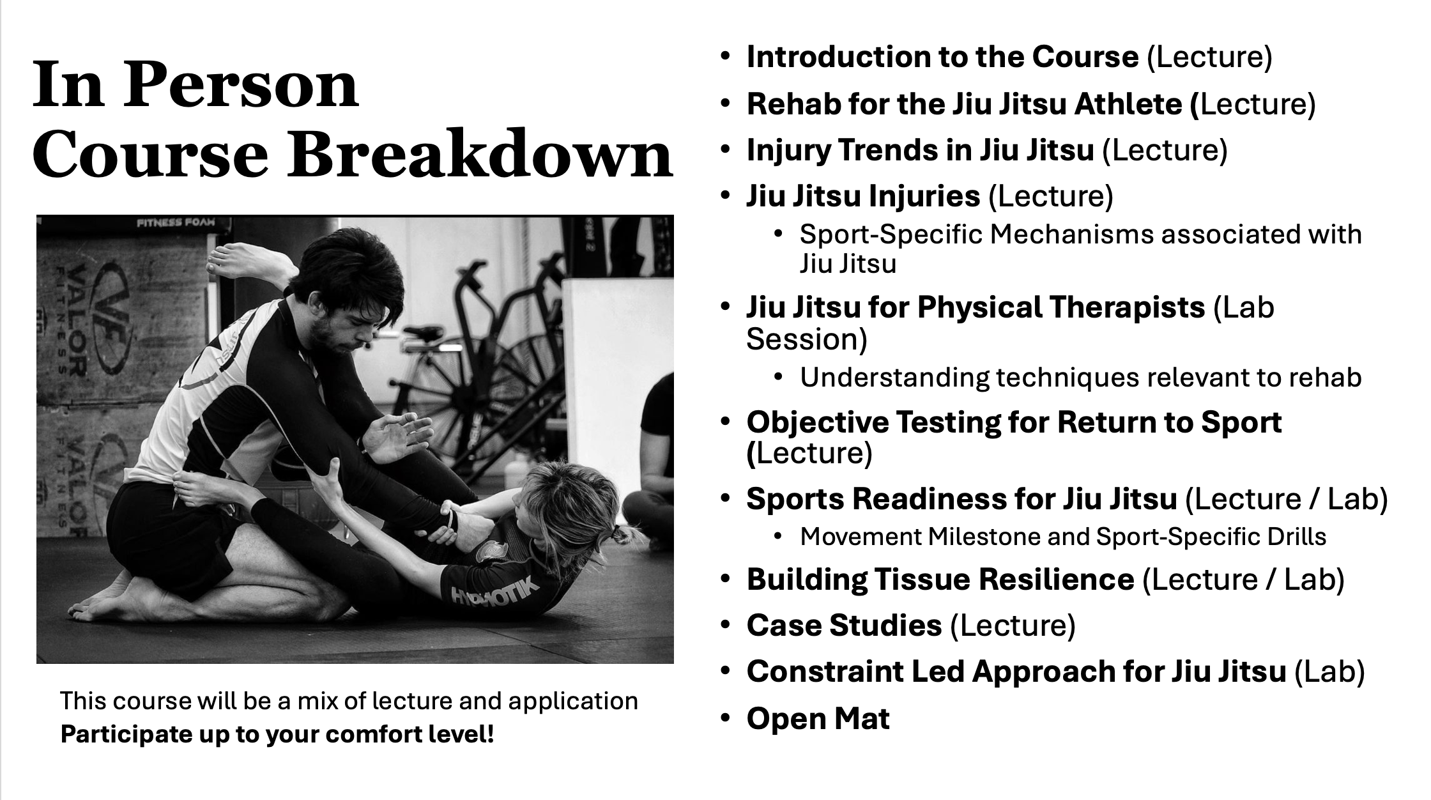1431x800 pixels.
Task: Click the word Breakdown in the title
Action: pos(480,154)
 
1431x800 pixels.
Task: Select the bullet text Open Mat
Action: pos(818,718)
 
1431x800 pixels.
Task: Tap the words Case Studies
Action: pos(844,625)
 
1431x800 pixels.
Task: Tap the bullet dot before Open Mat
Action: pos(724,718)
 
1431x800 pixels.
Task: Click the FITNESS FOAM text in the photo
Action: pos(175,223)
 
